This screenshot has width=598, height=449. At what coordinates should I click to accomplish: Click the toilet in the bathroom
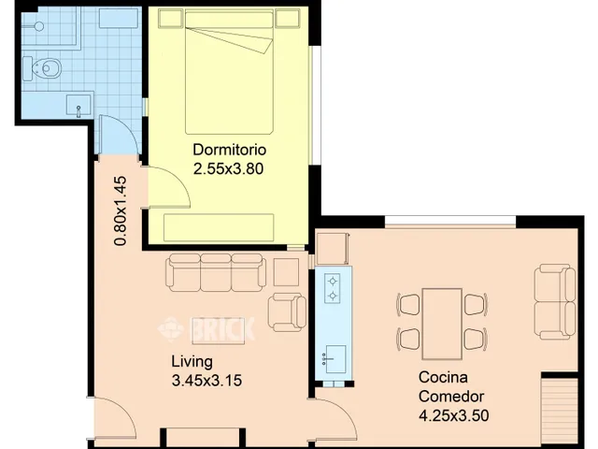(x=42, y=68)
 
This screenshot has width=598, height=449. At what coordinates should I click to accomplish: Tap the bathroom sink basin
(x=78, y=105)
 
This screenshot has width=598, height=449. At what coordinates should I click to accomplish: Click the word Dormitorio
(x=229, y=150)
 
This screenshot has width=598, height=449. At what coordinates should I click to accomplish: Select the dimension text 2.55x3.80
(x=228, y=168)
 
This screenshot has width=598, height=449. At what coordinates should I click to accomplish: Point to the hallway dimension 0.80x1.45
(x=121, y=210)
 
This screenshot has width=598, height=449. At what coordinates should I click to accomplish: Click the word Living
(x=192, y=362)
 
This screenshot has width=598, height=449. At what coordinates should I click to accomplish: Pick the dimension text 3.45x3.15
(x=206, y=381)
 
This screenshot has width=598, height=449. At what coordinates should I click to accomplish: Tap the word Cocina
(x=443, y=377)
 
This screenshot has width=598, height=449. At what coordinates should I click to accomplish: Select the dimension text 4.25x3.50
(x=454, y=415)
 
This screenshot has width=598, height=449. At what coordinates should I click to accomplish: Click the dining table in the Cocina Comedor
(x=442, y=325)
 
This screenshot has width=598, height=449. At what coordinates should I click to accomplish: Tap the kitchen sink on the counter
(x=335, y=359)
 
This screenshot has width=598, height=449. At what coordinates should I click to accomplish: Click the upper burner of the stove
(x=333, y=282)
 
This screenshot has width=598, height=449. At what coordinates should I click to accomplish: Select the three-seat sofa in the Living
(x=216, y=272)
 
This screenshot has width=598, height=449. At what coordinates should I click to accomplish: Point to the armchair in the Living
(x=287, y=312)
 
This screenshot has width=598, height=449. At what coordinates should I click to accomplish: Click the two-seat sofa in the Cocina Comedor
(x=555, y=301)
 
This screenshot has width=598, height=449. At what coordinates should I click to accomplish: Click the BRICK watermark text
(x=222, y=328)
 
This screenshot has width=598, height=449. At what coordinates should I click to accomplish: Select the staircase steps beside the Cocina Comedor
(x=560, y=413)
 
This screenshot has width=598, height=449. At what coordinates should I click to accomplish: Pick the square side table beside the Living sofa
(x=287, y=272)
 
